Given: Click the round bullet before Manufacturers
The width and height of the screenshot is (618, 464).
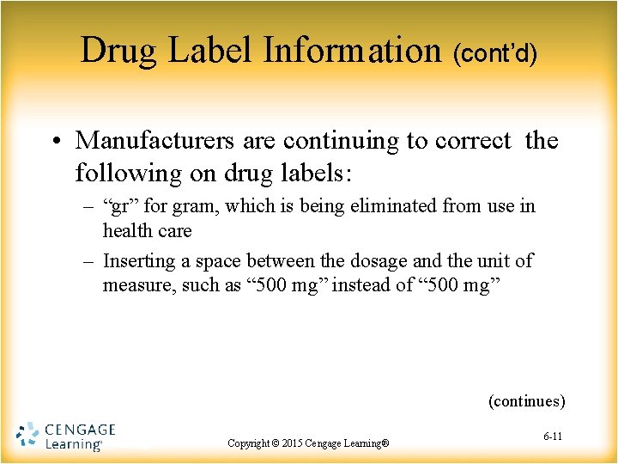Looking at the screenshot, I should pos(58,141).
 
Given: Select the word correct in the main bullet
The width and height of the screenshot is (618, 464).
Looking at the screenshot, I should pos(474,140).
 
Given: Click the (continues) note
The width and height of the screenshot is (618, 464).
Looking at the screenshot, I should pos(526,400).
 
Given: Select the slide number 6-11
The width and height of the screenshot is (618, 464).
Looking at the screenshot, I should pos(553,437).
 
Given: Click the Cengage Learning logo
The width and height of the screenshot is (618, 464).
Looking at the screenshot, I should pos(65,437).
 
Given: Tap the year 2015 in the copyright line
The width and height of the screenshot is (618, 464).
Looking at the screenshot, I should pos(294,443).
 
